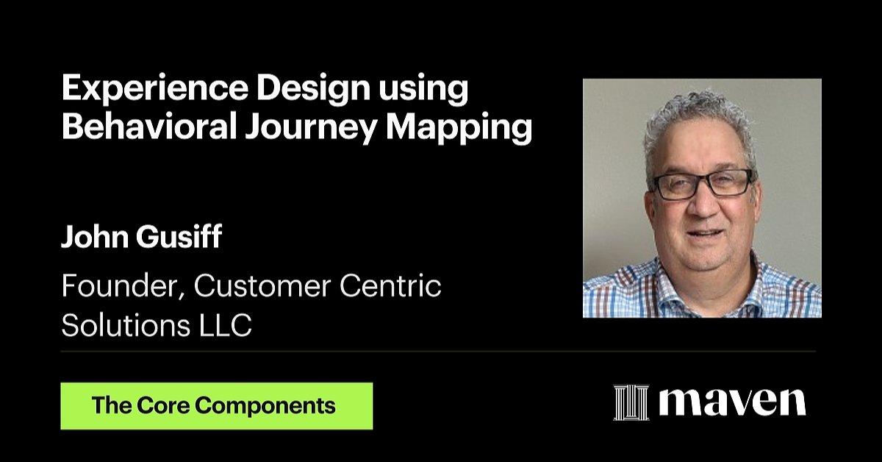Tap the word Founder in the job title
click(x=123, y=285)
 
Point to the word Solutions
click(x=116, y=325)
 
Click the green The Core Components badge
click(x=216, y=405)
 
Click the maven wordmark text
click(x=731, y=402)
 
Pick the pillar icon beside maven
click(x=631, y=402)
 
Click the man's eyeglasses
click(x=702, y=184)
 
